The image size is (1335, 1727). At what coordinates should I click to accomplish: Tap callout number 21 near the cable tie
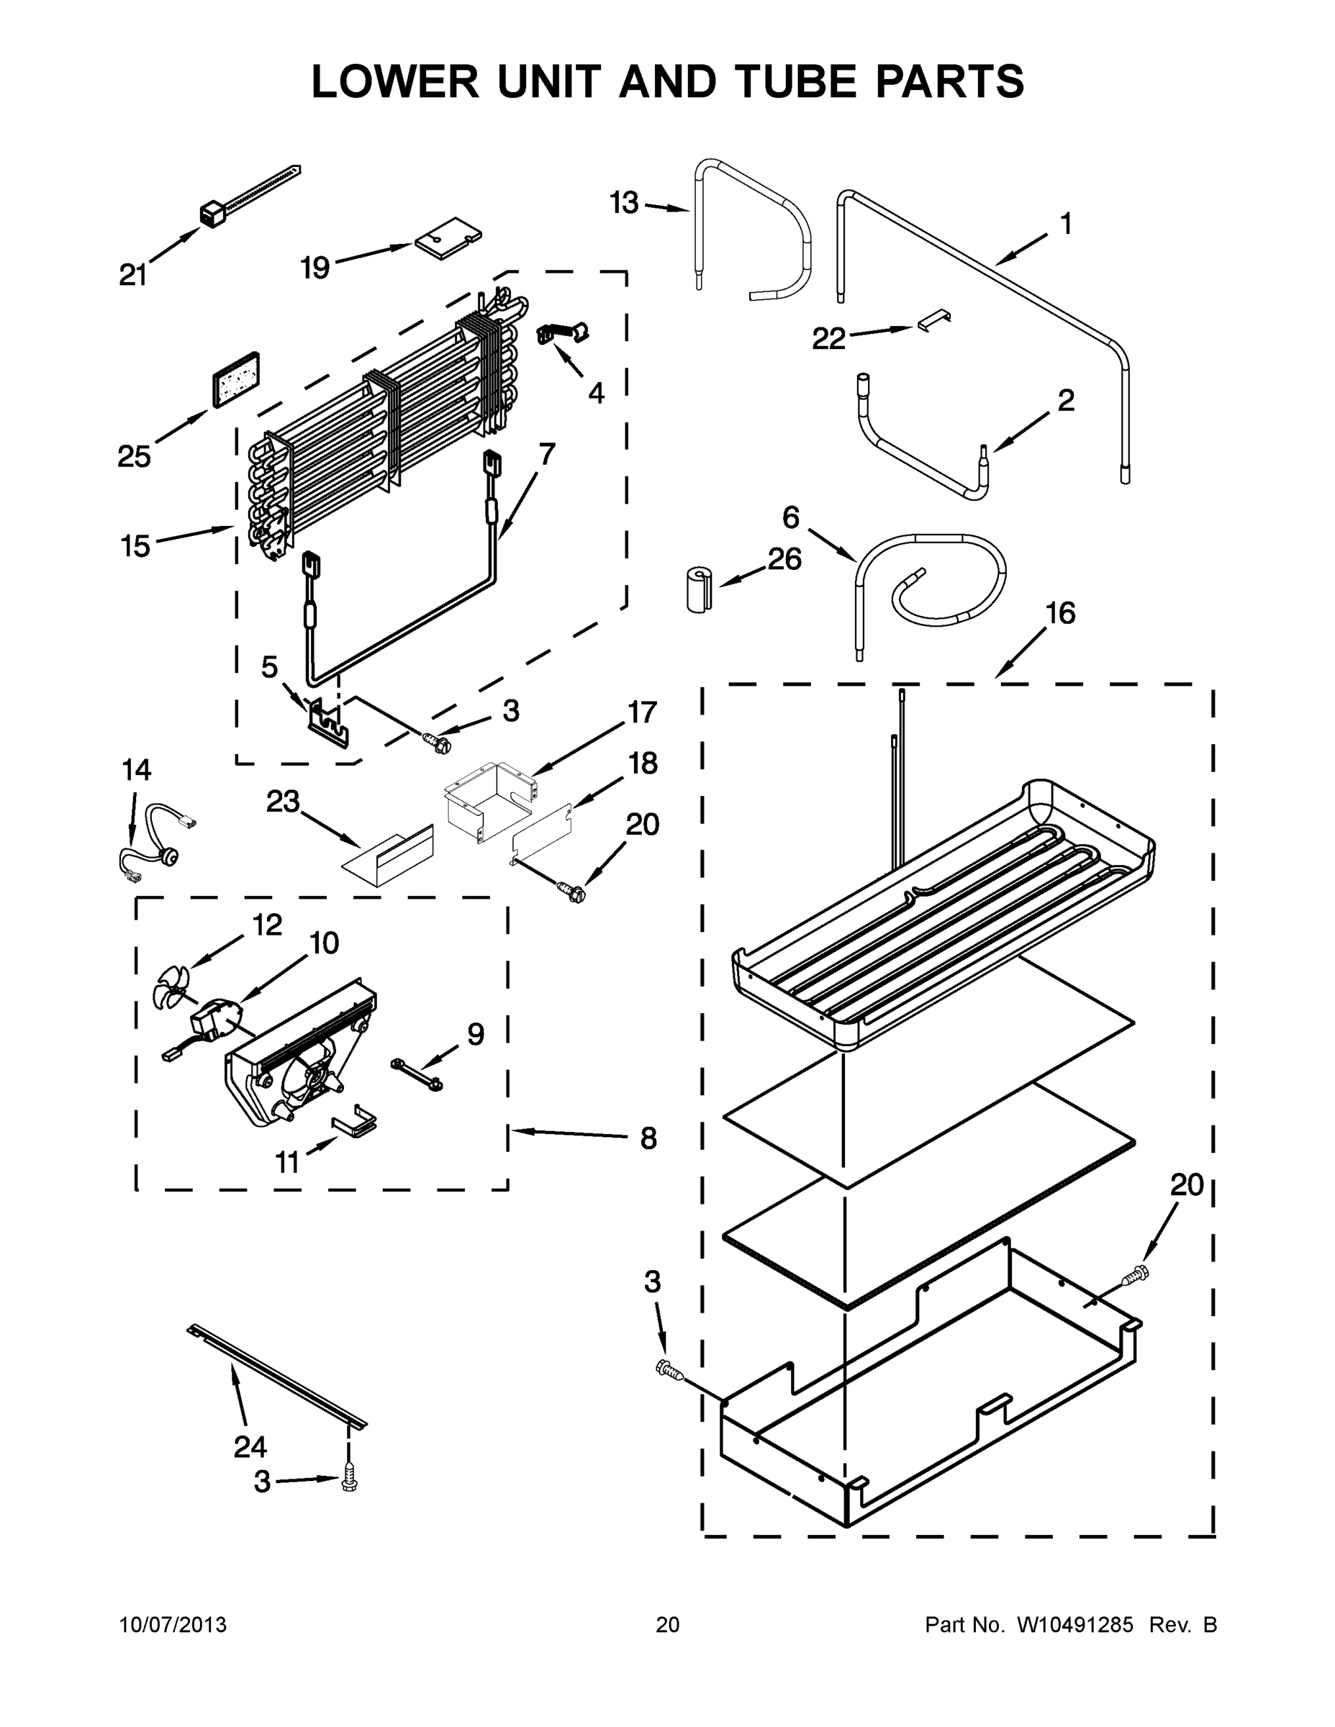[x=133, y=274]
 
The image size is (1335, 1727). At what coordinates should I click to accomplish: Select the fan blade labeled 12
[x=170, y=986]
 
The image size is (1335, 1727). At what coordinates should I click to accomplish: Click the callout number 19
[x=314, y=268]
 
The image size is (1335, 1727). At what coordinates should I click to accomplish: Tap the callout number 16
[x=1061, y=613]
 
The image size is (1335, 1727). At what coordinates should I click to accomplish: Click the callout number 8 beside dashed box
[x=648, y=1138]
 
